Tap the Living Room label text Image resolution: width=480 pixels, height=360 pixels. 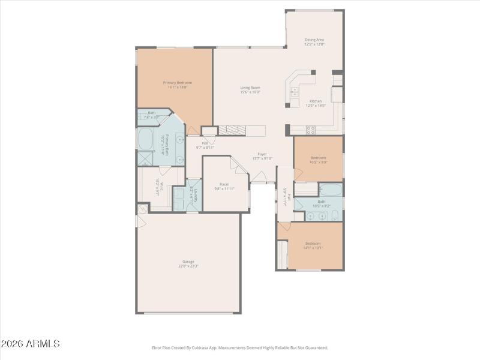250,88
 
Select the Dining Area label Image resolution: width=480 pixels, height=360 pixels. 314,40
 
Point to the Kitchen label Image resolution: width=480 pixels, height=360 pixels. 316,101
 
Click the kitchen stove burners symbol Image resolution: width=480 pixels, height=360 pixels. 311,129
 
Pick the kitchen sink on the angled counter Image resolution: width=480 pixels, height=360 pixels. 295,92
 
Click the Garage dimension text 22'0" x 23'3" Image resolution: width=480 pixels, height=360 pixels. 188,266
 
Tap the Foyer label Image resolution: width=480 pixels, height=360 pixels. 262,154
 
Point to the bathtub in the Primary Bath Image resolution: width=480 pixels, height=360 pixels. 146,139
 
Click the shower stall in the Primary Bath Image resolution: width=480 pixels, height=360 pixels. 145,158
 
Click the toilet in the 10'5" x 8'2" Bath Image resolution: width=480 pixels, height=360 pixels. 335,216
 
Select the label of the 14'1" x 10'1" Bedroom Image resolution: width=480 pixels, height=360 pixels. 313,243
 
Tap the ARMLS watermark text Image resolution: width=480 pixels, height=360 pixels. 30,344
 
